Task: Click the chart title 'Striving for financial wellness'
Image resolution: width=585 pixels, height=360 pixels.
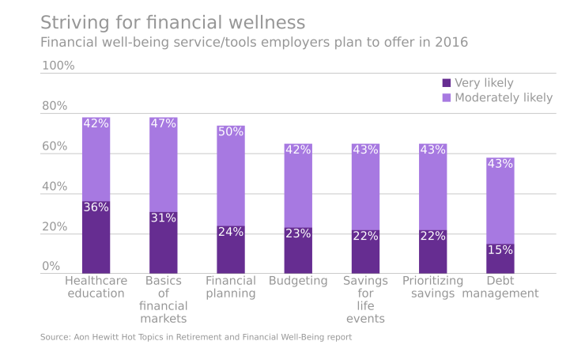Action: coord(172,21)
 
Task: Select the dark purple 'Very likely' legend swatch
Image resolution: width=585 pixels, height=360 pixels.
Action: coord(447,83)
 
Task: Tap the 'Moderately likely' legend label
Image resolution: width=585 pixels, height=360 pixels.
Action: coord(504,98)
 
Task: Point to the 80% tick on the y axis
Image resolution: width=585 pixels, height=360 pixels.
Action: coord(55,106)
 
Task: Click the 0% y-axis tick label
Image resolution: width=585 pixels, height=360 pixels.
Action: coord(51,267)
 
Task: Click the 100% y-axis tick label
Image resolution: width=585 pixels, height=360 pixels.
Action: coord(58,66)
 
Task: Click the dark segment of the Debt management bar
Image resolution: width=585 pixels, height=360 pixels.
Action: coord(500,260)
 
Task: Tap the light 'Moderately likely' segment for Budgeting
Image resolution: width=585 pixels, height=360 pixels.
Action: coord(298,186)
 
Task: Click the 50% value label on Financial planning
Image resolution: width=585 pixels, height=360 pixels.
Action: coord(231,132)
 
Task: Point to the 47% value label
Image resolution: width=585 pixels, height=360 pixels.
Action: coord(164,123)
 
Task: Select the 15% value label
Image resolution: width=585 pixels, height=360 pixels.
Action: coord(500,250)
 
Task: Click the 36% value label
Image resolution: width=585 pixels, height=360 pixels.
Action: coord(96,207)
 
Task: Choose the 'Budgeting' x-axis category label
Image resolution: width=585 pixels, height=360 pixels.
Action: coord(298,281)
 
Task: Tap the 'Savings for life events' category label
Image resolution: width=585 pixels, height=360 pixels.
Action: coord(365,300)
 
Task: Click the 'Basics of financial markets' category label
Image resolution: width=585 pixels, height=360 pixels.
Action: coord(164,300)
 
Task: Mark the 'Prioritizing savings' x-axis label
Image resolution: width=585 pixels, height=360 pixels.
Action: coord(432,287)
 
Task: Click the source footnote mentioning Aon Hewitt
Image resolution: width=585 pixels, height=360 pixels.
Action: coord(196,337)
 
